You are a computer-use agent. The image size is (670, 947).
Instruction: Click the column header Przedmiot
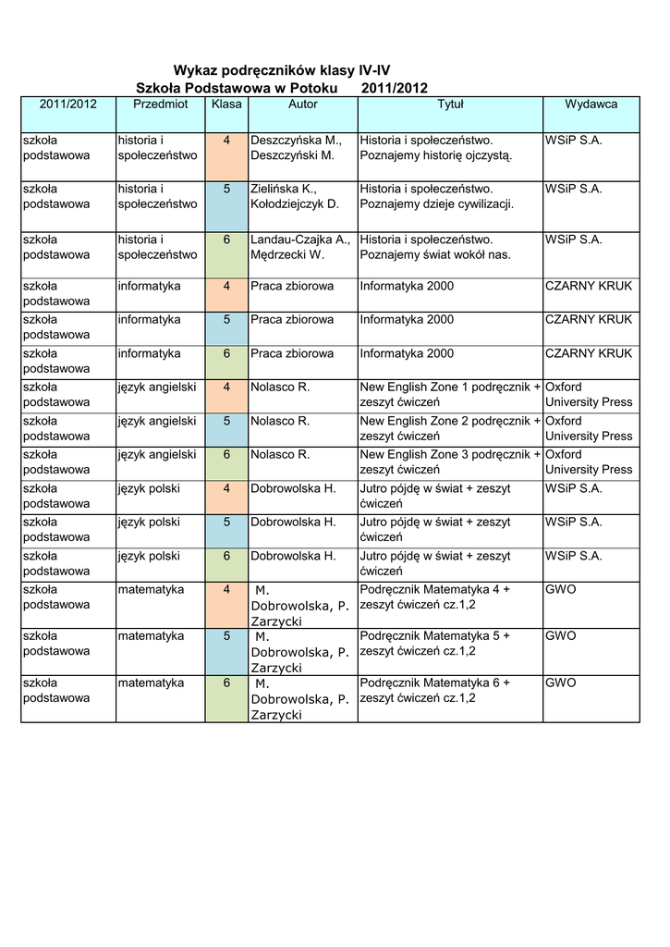160,105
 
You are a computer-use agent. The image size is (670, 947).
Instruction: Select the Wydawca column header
591,105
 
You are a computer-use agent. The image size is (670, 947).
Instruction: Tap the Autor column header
302,105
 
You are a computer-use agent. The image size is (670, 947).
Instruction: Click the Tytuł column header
450,105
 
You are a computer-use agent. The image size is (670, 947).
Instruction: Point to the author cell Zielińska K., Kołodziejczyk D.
296,196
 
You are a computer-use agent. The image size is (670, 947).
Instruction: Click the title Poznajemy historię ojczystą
435,155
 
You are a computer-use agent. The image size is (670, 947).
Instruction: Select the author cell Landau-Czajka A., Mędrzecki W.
300,247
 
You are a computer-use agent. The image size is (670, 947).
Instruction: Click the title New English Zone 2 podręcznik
450,428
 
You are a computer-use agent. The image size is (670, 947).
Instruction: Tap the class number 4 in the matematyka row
226,590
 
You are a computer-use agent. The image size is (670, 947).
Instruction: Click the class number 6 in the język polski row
226,556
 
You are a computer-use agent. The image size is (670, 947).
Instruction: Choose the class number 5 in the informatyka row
226,320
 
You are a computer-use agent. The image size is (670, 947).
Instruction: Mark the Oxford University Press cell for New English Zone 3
589,461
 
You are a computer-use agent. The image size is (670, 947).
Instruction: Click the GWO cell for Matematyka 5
561,636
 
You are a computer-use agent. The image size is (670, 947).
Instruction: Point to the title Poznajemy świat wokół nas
435,254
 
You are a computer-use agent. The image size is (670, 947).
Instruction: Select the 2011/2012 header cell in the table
67,105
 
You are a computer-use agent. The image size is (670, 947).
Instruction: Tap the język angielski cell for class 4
157,387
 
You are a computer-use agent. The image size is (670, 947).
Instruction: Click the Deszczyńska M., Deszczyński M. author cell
296,147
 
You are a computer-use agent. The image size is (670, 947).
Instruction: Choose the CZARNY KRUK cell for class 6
589,354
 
